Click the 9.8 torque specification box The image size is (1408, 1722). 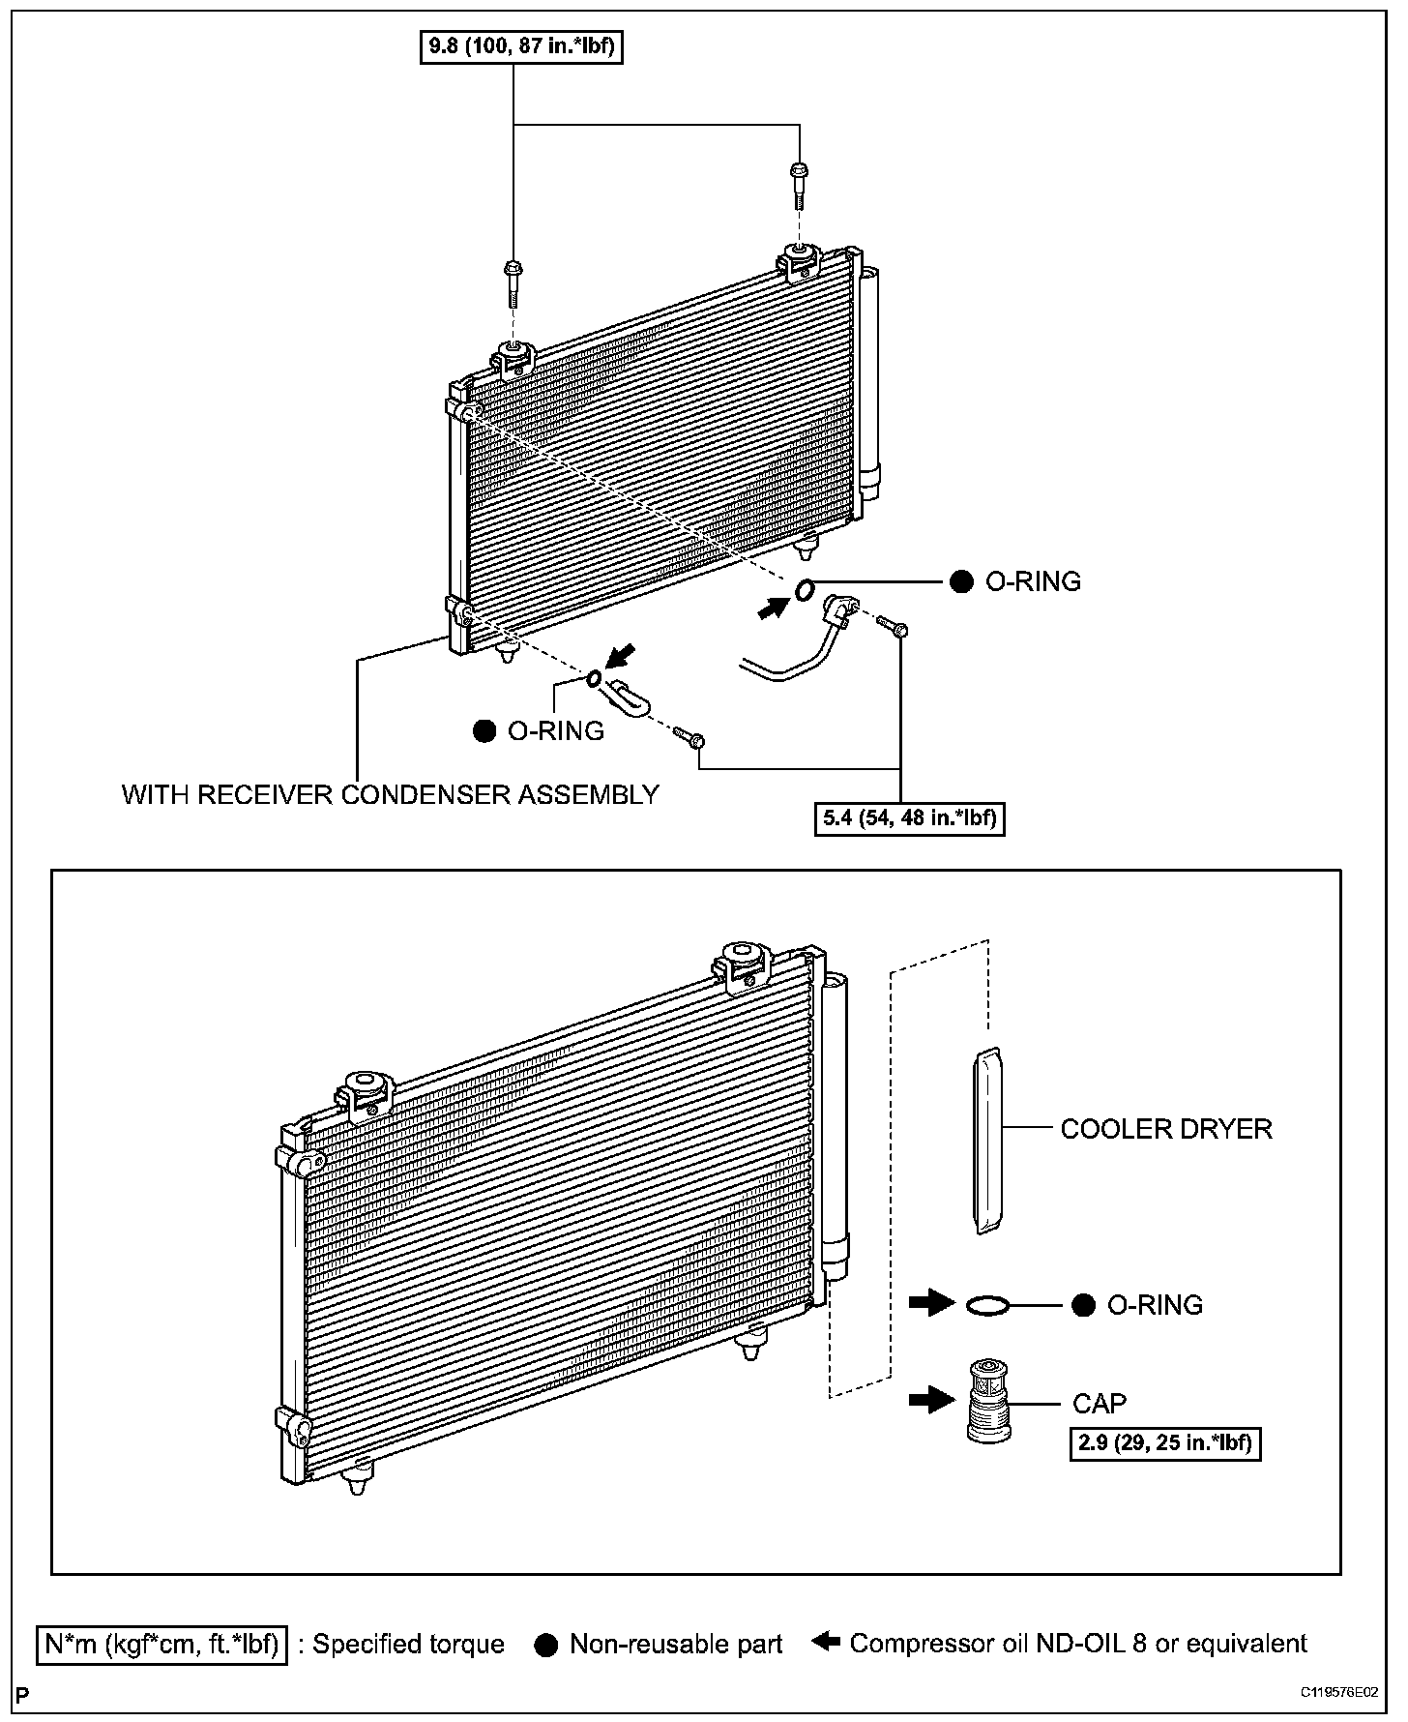coord(519,45)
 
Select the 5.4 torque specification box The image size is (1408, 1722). coord(909,818)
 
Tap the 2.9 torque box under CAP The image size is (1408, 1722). coord(1165,1443)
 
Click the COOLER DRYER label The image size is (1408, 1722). coord(1166,1129)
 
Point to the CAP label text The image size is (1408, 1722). coord(1100,1403)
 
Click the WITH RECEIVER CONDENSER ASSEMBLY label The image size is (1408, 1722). coord(390,794)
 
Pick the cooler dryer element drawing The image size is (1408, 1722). coord(986,1142)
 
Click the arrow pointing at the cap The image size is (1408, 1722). coord(931,1399)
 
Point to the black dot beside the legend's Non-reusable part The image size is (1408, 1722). coord(546,1645)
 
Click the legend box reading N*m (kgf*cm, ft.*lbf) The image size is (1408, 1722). coord(161,1644)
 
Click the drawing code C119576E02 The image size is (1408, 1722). coord(1338,1692)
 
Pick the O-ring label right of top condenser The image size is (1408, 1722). coord(1032,581)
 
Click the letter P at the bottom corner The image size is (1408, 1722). coord(22,1694)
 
